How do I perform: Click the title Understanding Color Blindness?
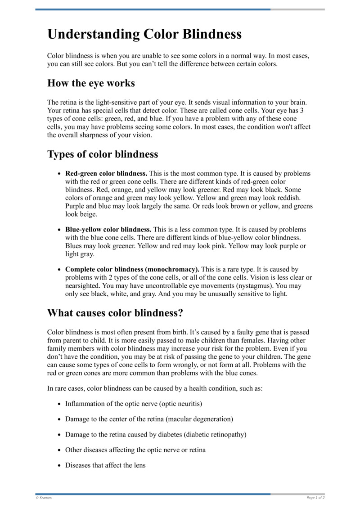tap(144, 35)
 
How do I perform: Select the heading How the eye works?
tap(91, 83)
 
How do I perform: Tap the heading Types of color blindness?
tap(103, 154)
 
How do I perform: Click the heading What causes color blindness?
tap(115, 312)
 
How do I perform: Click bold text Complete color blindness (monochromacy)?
tap(132, 269)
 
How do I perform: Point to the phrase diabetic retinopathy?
tap(215, 434)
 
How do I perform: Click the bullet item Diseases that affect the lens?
tap(105, 465)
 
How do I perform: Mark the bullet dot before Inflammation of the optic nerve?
tap(59, 404)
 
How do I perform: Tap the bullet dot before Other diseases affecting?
tap(59, 450)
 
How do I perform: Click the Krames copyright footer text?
tap(44, 498)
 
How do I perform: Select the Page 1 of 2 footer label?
tap(315, 498)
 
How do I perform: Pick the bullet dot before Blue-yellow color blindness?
tap(59, 229)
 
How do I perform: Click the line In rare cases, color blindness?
tap(155, 388)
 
